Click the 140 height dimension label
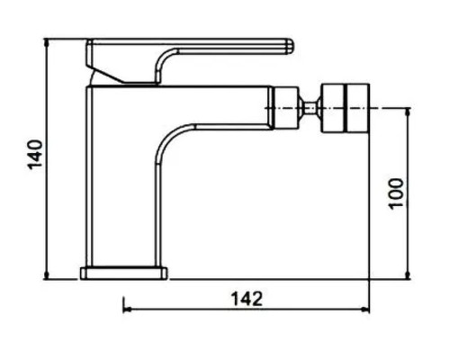tap(35, 155)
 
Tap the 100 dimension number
tap(396, 193)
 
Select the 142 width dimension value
tap(247, 299)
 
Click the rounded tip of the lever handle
tap(290, 46)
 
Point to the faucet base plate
tap(123, 274)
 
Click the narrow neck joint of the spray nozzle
tap(310, 108)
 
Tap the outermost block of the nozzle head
tap(358, 108)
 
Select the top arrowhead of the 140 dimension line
tap(46, 42)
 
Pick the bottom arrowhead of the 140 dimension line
tap(46, 275)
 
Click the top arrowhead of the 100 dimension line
tap(408, 112)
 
